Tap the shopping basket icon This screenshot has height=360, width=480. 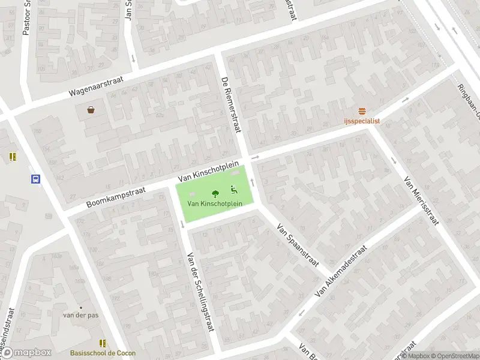click(91, 109)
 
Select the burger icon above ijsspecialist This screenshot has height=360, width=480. click(362, 111)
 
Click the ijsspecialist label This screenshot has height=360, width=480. click(362, 121)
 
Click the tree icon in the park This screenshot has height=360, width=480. click(214, 193)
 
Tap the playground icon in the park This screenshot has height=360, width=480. click(233, 191)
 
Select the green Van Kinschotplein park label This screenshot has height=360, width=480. click(214, 203)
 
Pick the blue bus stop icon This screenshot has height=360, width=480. click(35, 179)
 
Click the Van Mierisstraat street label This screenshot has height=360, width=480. click(421, 200)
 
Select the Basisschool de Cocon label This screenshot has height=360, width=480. click(103, 353)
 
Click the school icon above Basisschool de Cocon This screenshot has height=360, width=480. click(103, 343)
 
